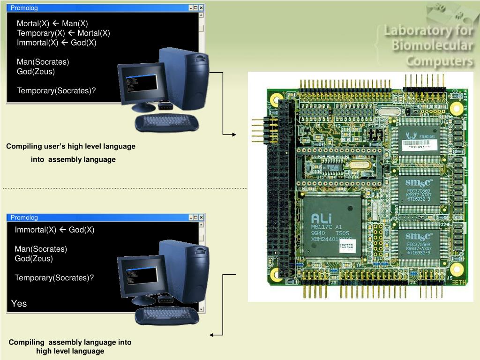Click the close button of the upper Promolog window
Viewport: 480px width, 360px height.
click(x=201, y=8)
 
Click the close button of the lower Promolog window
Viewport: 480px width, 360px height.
click(x=201, y=217)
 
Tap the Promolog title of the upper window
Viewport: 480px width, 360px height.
click(x=24, y=8)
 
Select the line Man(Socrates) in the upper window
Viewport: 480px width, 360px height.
click(x=43, y=62)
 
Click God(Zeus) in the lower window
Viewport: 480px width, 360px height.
click(x=34, y=258)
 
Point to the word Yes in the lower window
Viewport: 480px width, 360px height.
click(x=19, y=304)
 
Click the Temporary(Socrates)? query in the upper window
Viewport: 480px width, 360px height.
click(x=56, y=90)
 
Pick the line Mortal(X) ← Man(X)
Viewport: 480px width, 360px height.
click(x=52, y=23)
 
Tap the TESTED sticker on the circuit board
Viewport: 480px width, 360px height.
click(x=346, y=245)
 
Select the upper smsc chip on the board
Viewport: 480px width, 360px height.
click(x=419, y=190)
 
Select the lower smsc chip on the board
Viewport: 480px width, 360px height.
click(x=419, y=244)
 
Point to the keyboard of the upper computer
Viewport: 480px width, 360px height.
click(x=166, y=122)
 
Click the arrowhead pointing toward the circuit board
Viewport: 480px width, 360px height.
click(x=234, y=135)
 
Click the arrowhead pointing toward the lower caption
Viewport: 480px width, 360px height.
click(x=212, y=335)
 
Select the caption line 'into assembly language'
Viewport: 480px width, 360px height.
click(x=73, y=159)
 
